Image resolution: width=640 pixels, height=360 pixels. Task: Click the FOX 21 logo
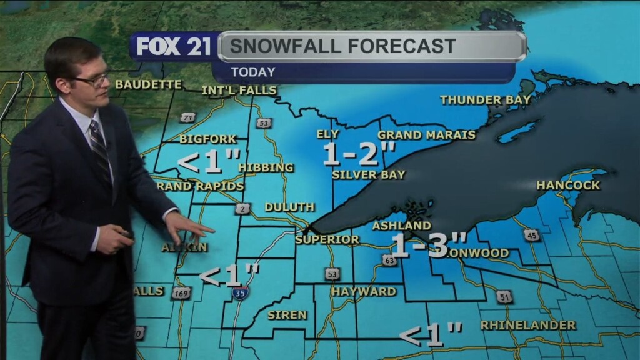pyautogui.click(x=173, y=47)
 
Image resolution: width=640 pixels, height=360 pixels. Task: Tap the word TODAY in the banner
pyautogui.click(x=252, y=72)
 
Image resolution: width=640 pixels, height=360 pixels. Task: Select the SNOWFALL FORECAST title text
pyautogui.click(x=342, y=46)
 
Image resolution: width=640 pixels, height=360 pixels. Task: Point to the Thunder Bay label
pyautogui.click(x=485, y=99)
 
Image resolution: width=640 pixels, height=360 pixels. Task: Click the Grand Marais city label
pyautogui.click(x=426, y=135)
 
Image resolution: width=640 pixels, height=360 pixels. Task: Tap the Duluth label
pyautogui.click(x=289, y=207)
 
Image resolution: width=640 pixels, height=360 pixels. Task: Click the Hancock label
pyautogui.click(x=567, y=186)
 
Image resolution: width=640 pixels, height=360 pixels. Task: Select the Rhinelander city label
pyautogui.click(x=528, y=326)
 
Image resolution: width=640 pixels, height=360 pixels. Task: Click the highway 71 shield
pyautogui.click(x=187, y=117)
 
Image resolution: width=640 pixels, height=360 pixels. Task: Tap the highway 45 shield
pyautogui.click(x=532, y=235)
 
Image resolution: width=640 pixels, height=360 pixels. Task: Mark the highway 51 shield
pyautogui.click(x=504, y=297)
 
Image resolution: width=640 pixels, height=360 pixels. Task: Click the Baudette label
pyautogui.click(x=148, y=84)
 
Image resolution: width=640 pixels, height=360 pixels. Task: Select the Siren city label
pyautogui.click(x=287, y=315)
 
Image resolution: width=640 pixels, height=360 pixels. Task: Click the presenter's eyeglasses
pyautogui.click(x=94, y=79)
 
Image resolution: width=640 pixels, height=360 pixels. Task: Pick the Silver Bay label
pyautogui.click(x=368, y=175)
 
